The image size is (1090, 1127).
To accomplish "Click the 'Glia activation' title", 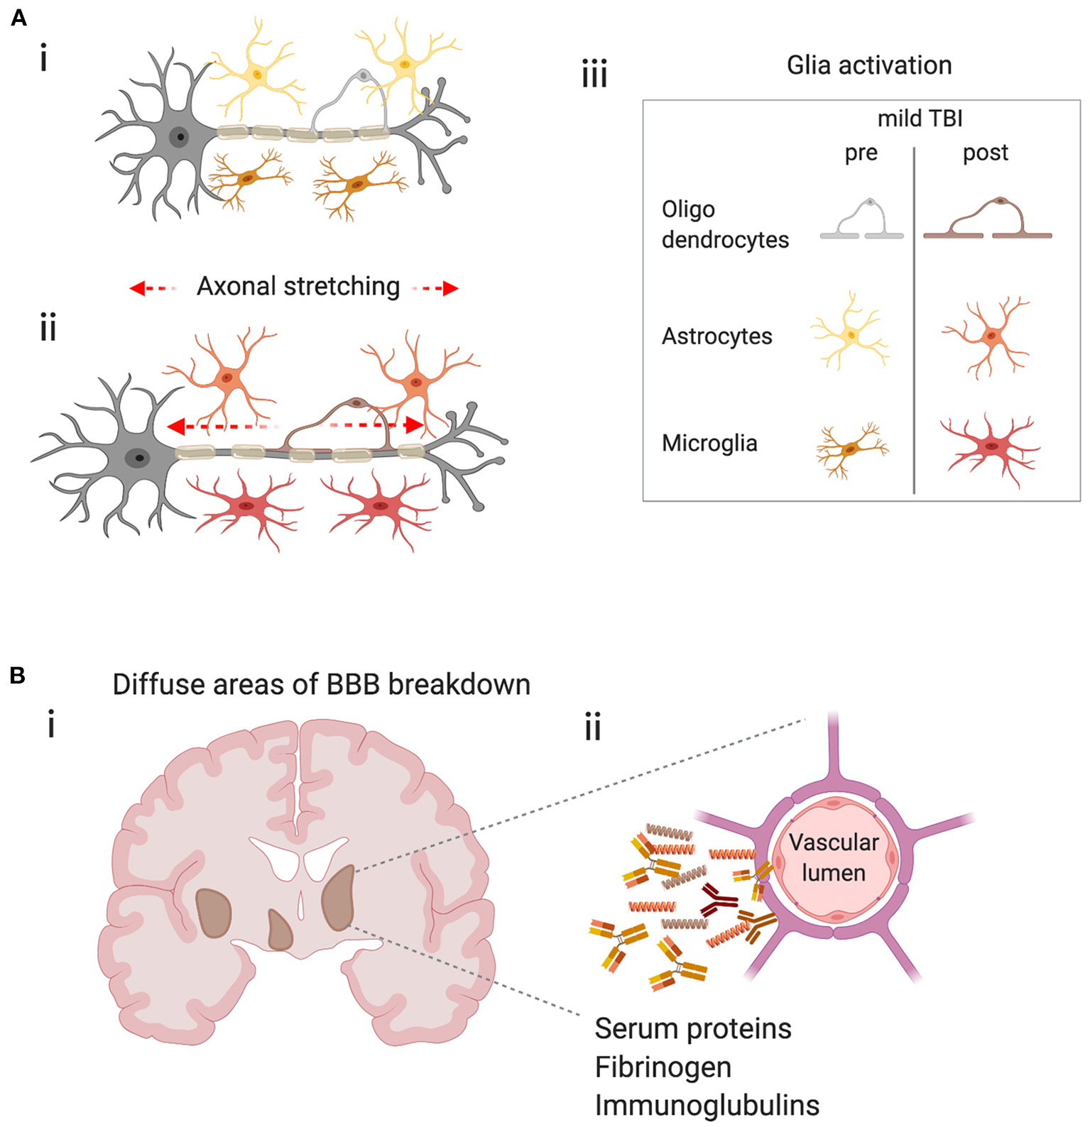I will [x=868, y=65].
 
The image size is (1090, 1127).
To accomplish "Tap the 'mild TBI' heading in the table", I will [x=920, y=119].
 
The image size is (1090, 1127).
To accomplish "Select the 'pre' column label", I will [x=861, y=153].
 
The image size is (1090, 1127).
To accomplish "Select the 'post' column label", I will [x=985, y=153].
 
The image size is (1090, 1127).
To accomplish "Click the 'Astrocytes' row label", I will [x=716, y=336].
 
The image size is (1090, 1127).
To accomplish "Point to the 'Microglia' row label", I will [x=709, y=443].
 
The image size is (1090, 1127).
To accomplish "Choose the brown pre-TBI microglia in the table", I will [x=850, y=449].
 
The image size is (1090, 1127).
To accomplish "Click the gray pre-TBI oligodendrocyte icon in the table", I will [x=862, y=221].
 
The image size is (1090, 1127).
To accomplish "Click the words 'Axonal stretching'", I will [x=298, y=287].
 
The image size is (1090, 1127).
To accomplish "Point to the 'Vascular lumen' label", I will [x=834, y=857].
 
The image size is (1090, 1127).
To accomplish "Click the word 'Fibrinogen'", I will [x=663, y=1067].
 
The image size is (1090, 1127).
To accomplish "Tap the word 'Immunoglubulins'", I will [x=707, y=1106].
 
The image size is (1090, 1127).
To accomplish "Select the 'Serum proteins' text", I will [x=692, y=1029].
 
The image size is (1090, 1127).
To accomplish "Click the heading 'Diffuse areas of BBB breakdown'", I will [x=321, y=685].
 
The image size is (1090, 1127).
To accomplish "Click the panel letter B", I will [x=18, y=675].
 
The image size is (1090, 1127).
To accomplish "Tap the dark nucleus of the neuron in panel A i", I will [x=180, y=137].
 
